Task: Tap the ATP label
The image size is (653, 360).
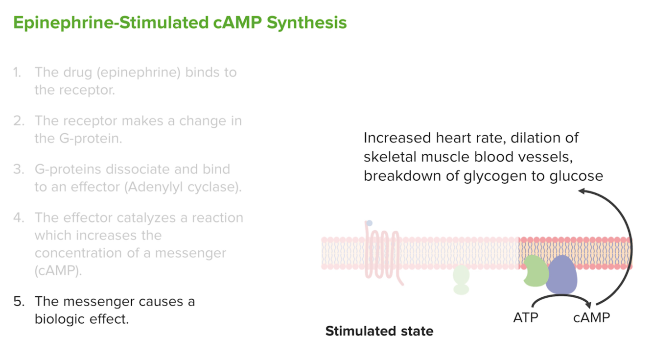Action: [525, 317]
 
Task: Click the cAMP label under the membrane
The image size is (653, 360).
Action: [591, 317]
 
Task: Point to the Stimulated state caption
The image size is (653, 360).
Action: [379, 332]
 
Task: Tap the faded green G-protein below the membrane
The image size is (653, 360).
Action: [461, 280]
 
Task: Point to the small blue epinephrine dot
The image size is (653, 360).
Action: [370, 223]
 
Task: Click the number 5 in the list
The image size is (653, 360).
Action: [18, 301]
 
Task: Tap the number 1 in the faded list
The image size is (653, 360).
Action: [17, 72]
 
